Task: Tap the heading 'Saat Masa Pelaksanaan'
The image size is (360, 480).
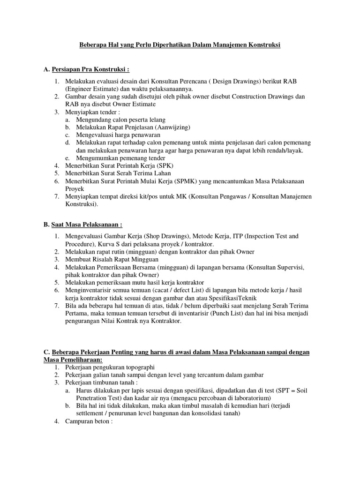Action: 86,224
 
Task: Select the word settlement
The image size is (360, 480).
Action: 92,413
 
